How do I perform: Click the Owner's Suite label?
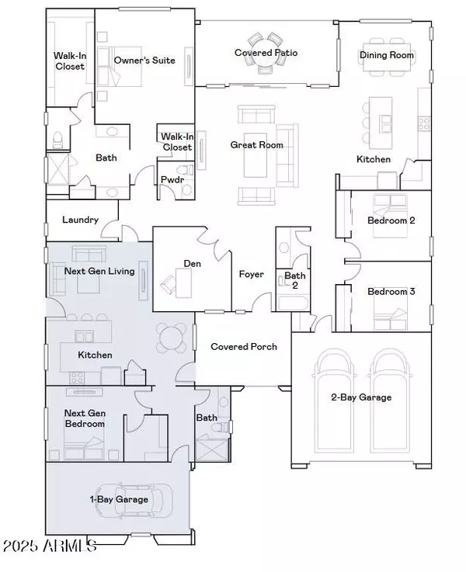coord(144,60)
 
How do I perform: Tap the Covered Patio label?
coord(266,53)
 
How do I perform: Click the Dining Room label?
coord(387,56)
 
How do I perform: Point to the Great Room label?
coord(256,144)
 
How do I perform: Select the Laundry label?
coord(80,220)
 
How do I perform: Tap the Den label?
coord(192,264)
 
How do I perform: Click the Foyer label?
coord(251,274)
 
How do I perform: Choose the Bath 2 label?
coord(295,280)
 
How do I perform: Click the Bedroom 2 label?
coord(391,220)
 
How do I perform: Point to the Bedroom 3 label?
coord(391,291)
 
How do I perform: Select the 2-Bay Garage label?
coord(360,397)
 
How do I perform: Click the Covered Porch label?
coord(244,346)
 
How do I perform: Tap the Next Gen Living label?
coord(100,271)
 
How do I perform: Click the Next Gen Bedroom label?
coord(84,419)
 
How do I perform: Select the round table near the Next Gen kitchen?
coord(172,337)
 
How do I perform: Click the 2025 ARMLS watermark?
coord(50,546)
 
